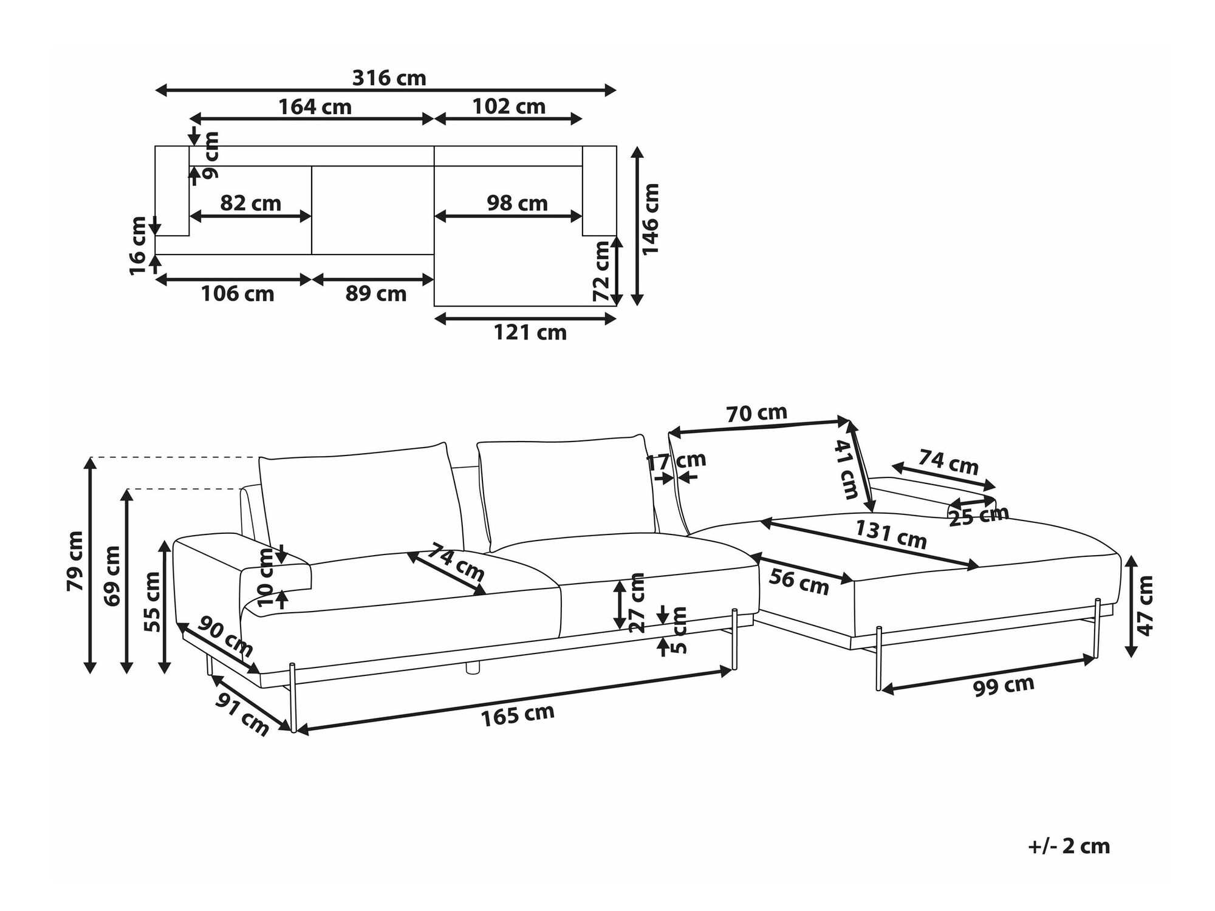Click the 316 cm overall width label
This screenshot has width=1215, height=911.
pos(389,78)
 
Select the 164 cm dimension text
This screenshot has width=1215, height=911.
pos(315,107)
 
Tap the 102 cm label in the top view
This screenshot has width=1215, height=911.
pos(509,107)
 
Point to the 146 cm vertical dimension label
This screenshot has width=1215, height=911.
pos(651,219)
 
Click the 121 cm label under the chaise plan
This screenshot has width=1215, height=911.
pos(530,333)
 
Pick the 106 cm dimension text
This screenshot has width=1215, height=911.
pos(238,294)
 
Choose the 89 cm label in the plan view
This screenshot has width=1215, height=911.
pos(375,294)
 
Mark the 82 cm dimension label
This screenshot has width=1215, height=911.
pos(250,203)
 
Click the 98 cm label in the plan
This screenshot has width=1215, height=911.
pos(517,203)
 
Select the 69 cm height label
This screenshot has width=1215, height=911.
pos(112,576)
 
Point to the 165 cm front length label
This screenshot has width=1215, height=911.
pos(518,715)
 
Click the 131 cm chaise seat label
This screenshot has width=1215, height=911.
pos(891,534)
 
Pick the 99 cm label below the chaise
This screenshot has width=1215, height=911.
pos(1004,686)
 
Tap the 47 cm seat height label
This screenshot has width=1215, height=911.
pos(1145,606)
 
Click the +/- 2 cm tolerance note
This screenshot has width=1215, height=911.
pos(1069,847)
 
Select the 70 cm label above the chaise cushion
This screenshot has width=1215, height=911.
pos(756,414)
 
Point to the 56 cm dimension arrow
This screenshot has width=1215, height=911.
pos(802,570)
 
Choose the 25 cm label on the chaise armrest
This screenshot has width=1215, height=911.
pos(978,516)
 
